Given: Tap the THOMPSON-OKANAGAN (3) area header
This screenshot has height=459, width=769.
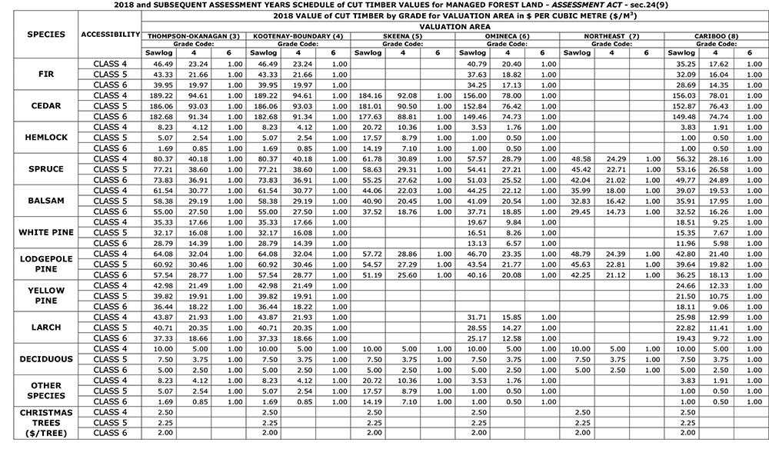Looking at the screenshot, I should pyautogui.click(x=193, y=36).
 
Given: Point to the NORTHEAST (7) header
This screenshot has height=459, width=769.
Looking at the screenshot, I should pyautogui.click(x=611, y=36).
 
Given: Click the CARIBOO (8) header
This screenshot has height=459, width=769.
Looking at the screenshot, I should pyautogui.click(x=717, y=36).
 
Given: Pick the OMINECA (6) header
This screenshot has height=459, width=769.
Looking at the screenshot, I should pyautogui.click(x=507, y=36).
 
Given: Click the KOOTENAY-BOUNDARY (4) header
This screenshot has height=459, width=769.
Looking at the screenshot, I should pyautogui.click(x=298, y=36).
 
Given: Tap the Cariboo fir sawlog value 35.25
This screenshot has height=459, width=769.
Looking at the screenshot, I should pyautogui.click(x=685, y=64).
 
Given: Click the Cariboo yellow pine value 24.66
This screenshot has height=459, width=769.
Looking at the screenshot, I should pyautogui.click(x=685, y=285).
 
